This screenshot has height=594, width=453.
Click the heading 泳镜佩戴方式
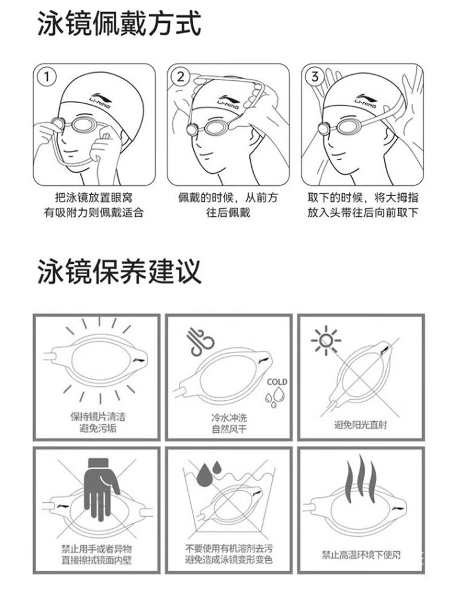click(x=119, y=24)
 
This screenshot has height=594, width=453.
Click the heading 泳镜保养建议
click(x=119, y=271)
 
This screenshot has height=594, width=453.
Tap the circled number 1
click(x=47, y=77)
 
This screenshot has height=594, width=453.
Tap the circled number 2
click(x=181, y=77)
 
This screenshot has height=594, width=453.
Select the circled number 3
click(x=315, y=77)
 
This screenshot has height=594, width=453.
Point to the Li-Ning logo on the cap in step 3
click(x=366, y=99)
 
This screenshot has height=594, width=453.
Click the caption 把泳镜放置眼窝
click(x=94, y=198)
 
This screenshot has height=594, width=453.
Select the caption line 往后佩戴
click(x=228, y=212)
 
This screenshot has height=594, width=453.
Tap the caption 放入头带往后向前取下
click(x=363, y=212)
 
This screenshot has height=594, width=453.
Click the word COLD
click(x=277, y=382)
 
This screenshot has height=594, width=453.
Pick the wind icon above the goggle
click(x=201, y=342)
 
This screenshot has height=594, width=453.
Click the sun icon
click(x=326, y=340)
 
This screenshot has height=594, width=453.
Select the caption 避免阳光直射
click(x=361, y=424)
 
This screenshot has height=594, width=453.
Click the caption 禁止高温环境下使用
click(x=361, y=555)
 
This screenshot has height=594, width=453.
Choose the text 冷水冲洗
click(x=229, y=418)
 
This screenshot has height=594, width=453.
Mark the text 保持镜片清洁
click(x=98, y=417)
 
